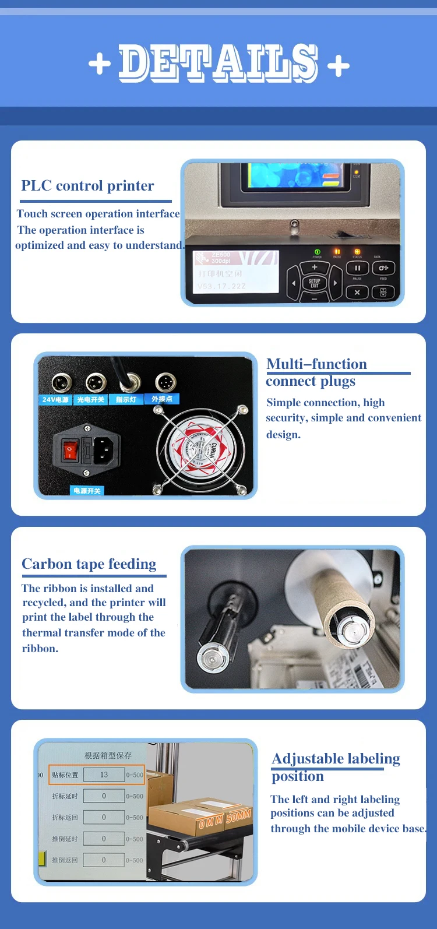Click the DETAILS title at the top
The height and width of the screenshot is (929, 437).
[218, 63]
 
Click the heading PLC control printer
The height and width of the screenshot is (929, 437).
[87, 186]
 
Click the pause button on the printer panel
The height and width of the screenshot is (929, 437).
[357, 268]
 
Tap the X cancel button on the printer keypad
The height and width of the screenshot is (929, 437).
[357, 293]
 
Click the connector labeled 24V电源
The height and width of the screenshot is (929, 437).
[61, 383]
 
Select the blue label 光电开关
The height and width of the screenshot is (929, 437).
[91, 400]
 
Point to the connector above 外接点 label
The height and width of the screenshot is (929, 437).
[165, 382]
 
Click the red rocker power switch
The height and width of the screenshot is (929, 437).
[71, 450]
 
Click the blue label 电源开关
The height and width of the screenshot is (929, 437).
[87, 491]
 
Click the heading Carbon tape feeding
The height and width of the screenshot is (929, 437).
[89, 564]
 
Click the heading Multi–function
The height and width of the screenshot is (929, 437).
[316, 364]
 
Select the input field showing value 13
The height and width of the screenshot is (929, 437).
[104, 775]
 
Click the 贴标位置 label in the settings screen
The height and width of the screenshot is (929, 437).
[65, 775]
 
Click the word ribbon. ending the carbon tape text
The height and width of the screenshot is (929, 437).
[40, 649]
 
